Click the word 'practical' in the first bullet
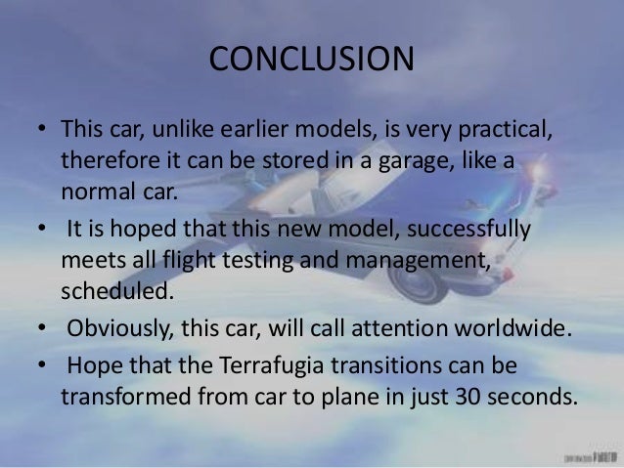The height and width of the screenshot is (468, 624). [491, 130]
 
